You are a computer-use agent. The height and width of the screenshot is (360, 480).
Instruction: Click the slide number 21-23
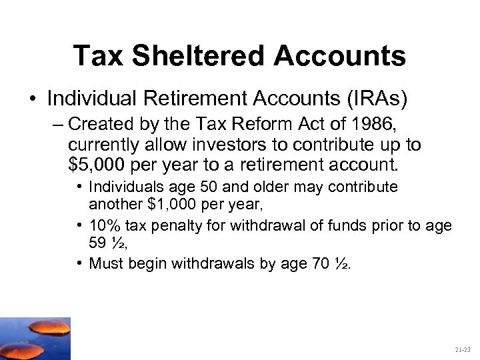(462, 349)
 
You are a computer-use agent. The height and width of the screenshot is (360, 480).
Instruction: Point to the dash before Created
(57, 125)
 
